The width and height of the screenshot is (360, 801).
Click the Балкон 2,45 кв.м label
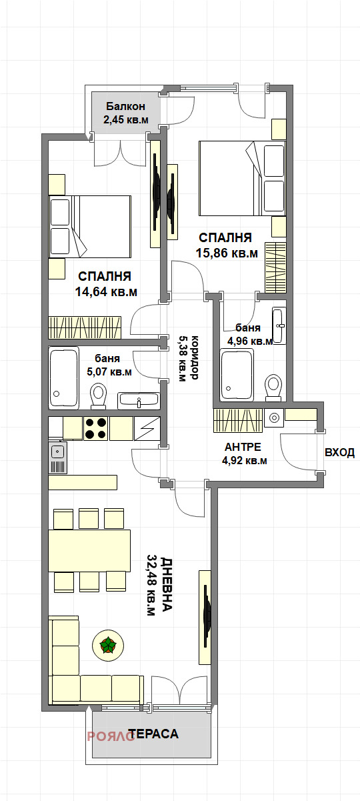coord(125,113)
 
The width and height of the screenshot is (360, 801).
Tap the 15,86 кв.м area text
coord(226,253)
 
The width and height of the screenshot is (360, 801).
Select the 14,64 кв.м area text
coord(107,291)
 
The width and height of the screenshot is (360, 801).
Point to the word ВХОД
coord(339,453)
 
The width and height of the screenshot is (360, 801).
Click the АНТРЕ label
coord(242,447)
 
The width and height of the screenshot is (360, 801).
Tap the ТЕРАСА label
coord(153,734)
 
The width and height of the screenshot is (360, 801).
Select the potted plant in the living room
coord(107,645)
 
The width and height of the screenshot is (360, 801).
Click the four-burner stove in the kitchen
coord(95,428)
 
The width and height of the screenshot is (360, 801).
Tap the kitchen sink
coord(58,458)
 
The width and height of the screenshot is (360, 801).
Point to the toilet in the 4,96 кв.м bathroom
coord(273,387)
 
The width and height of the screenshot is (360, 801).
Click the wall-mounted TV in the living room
coord(206,617)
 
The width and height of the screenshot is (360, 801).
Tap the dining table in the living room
coord(89,550)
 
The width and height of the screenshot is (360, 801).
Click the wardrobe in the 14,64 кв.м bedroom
coord(85,327)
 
